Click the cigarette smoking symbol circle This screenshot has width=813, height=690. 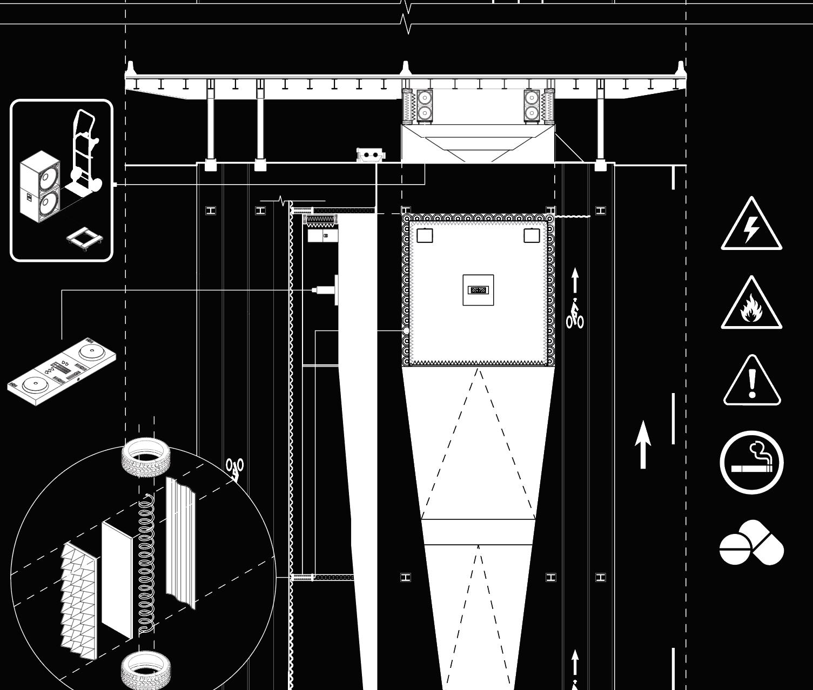(751, 462)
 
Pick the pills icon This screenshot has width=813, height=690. (751, 543)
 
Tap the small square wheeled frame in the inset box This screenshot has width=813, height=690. (84, 239)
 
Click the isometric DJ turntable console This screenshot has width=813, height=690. (62, 371)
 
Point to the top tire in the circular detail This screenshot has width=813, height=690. (146, 456)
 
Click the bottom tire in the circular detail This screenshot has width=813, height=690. (146, 669)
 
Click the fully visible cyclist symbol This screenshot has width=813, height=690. (575, 315)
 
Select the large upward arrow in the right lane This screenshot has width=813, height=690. (642, 445)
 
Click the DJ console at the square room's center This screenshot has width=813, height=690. (478, 290)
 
